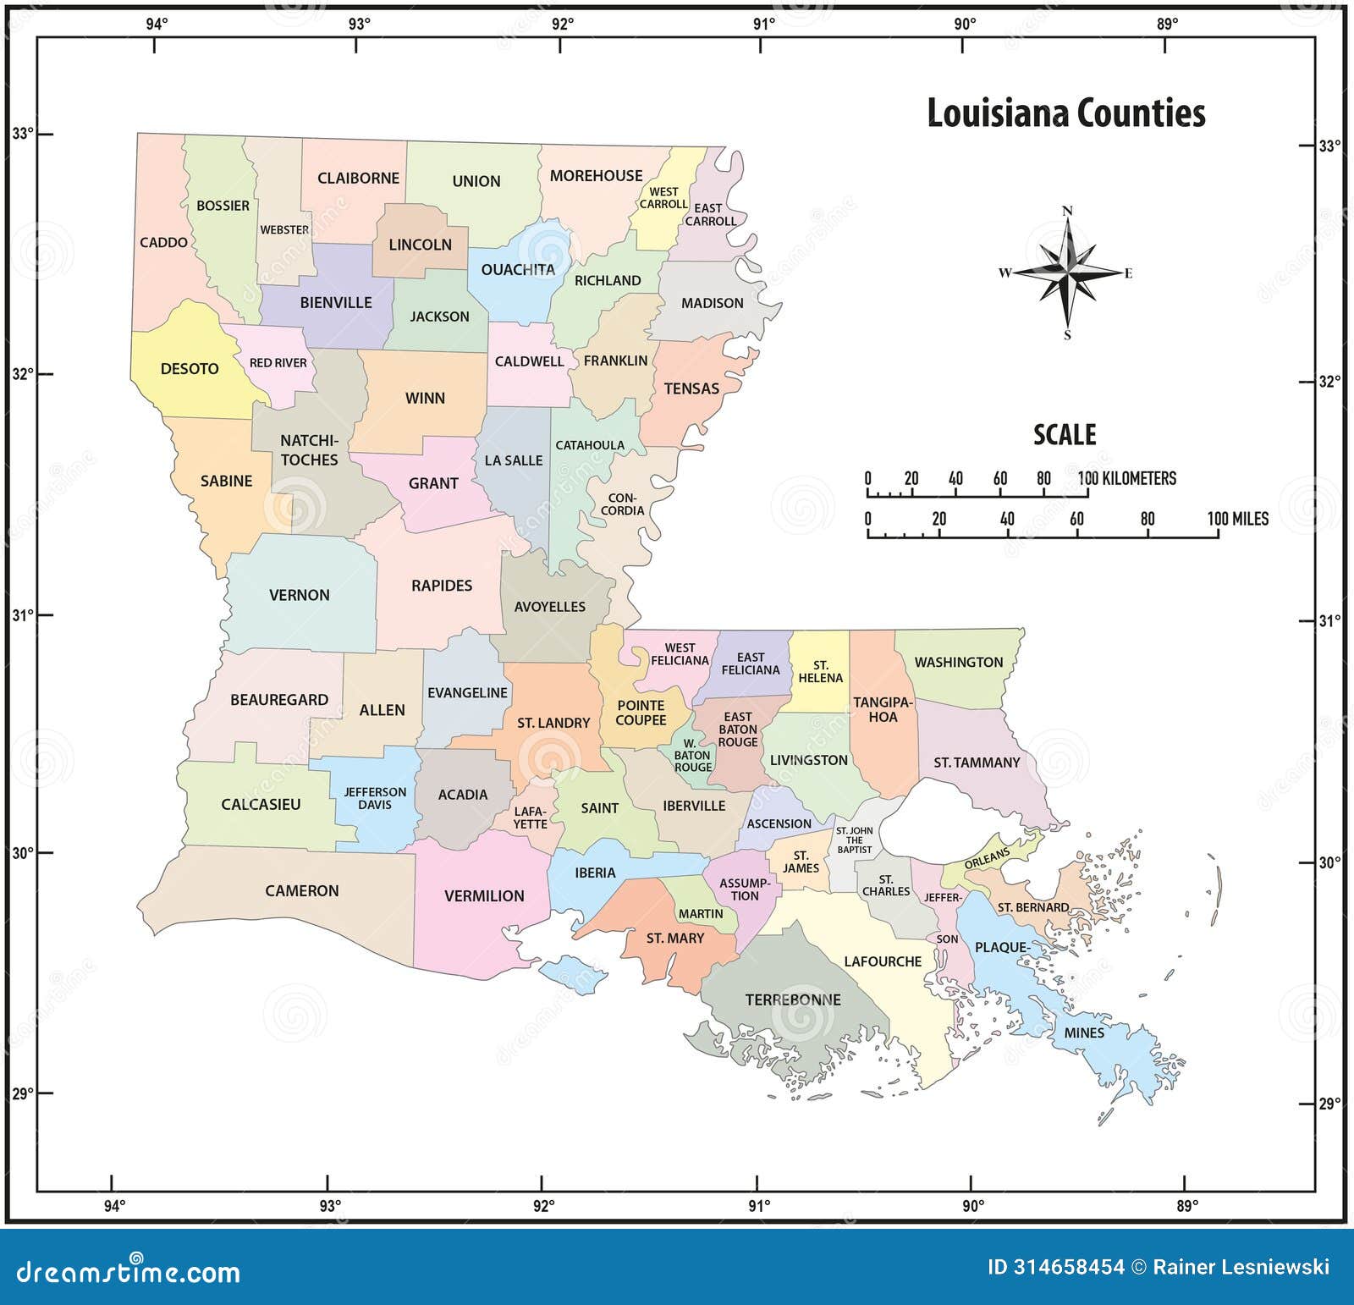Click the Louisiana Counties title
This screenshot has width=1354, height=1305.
(1065, 113)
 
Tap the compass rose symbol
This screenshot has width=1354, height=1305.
(1067, 272)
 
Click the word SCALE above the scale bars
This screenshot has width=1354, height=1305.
(1065, 435)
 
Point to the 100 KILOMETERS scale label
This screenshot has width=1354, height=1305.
(1127, 479)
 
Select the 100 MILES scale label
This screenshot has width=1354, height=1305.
(1237, 519)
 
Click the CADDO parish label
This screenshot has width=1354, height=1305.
(163, 243)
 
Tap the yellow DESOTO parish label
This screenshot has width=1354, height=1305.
(190, 369)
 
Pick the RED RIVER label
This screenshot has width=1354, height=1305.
(278, 363)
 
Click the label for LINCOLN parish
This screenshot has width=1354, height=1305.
(420, 245)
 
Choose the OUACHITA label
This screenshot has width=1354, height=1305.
(518, 270)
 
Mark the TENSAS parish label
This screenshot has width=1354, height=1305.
(691, 388)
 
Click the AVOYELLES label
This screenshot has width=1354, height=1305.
(549, 607)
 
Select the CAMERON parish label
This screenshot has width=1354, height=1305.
(301, 891)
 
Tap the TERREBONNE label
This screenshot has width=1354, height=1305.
(793, 999)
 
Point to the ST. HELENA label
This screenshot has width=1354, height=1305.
(820, 672)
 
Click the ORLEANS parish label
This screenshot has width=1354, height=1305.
(987, 858)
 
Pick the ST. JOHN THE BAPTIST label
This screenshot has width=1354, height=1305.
(854, 840)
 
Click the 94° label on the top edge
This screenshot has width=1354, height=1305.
(157, 24)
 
